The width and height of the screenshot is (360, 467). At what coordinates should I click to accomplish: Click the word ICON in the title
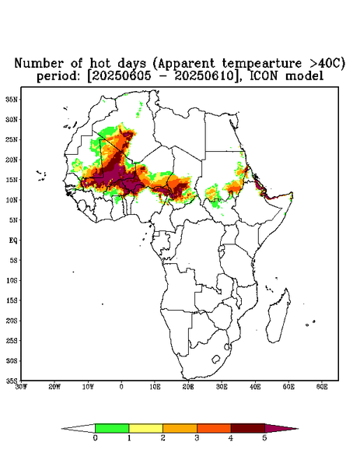tap(264, 75)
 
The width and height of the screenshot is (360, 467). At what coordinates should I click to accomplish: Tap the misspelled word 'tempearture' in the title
tap(262, 63)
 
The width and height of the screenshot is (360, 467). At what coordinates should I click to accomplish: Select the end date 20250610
tap(204, 76)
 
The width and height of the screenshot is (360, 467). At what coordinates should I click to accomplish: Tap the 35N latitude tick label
tap(12, 100)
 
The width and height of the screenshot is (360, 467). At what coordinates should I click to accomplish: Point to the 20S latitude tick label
tap(12, 321)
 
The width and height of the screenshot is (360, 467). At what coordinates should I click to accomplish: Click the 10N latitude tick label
tap(12, 200)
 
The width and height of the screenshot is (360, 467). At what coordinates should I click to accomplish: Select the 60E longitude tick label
tap(322, 387)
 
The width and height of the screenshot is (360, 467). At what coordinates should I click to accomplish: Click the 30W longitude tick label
tap(21, 387)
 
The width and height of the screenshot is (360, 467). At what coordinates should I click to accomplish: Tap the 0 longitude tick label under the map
tap(121, 387)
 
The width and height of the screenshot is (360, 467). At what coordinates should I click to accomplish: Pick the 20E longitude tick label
tap(188, 387)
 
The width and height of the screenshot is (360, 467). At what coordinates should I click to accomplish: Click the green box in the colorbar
tap(112, 428)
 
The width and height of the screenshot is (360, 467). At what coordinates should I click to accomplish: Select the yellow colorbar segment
tap(145, 428)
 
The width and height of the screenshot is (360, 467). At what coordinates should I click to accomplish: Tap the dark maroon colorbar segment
tap(248, 428)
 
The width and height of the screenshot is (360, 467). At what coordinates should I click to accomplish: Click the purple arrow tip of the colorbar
tap(298, 429)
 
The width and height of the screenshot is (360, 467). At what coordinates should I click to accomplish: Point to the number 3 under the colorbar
tap(197, 438)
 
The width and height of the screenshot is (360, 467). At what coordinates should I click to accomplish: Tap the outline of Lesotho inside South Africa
tap(215, 359)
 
